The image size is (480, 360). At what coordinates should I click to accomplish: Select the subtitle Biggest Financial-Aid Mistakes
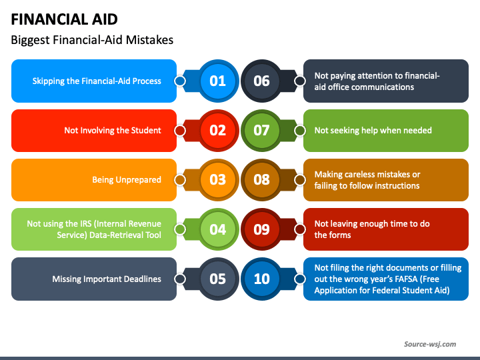92,40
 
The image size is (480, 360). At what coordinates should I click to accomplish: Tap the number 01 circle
218,81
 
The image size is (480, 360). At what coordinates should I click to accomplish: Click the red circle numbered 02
218,131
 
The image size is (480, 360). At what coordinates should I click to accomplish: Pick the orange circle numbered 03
218,180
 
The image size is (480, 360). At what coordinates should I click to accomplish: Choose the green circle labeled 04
218,229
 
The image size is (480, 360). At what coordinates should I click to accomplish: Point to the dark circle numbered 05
218,279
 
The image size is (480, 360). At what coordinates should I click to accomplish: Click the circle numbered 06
262,81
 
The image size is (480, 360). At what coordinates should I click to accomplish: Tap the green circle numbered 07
262,131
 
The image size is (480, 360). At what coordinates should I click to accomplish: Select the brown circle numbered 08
262,180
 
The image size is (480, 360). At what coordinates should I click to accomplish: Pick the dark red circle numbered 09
262,229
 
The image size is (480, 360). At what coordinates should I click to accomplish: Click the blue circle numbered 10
262,279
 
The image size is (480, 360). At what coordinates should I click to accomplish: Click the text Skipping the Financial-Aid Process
97,81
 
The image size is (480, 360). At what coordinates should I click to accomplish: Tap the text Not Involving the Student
112,131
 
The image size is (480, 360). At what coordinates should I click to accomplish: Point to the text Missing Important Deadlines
107,279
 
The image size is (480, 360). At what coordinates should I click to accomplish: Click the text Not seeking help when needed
373,131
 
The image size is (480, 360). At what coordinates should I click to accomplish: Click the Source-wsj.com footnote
430,344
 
